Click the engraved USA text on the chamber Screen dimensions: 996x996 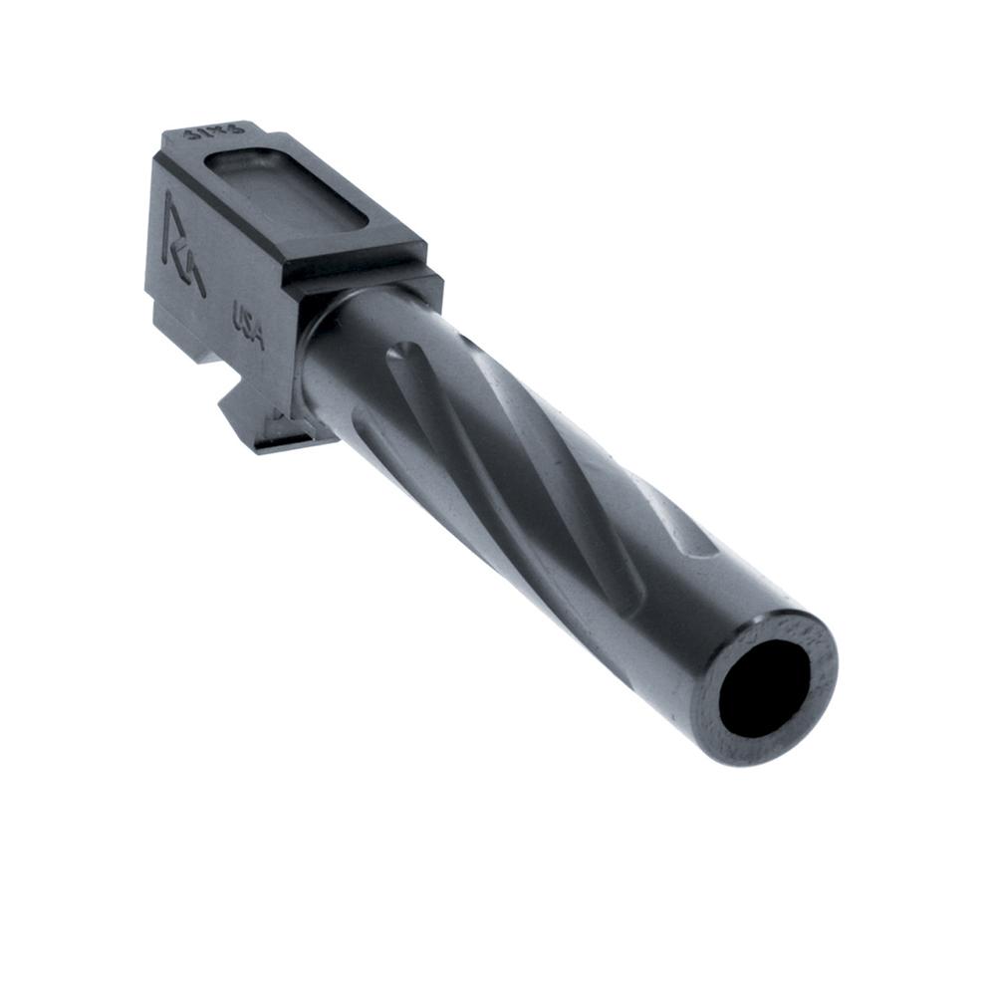pyautogui.click(x=248, y=325)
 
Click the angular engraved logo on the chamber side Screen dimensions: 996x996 pyautogui.click(x=182, y=244)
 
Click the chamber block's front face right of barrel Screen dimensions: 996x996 pyautogui.click(x=423, y=284)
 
